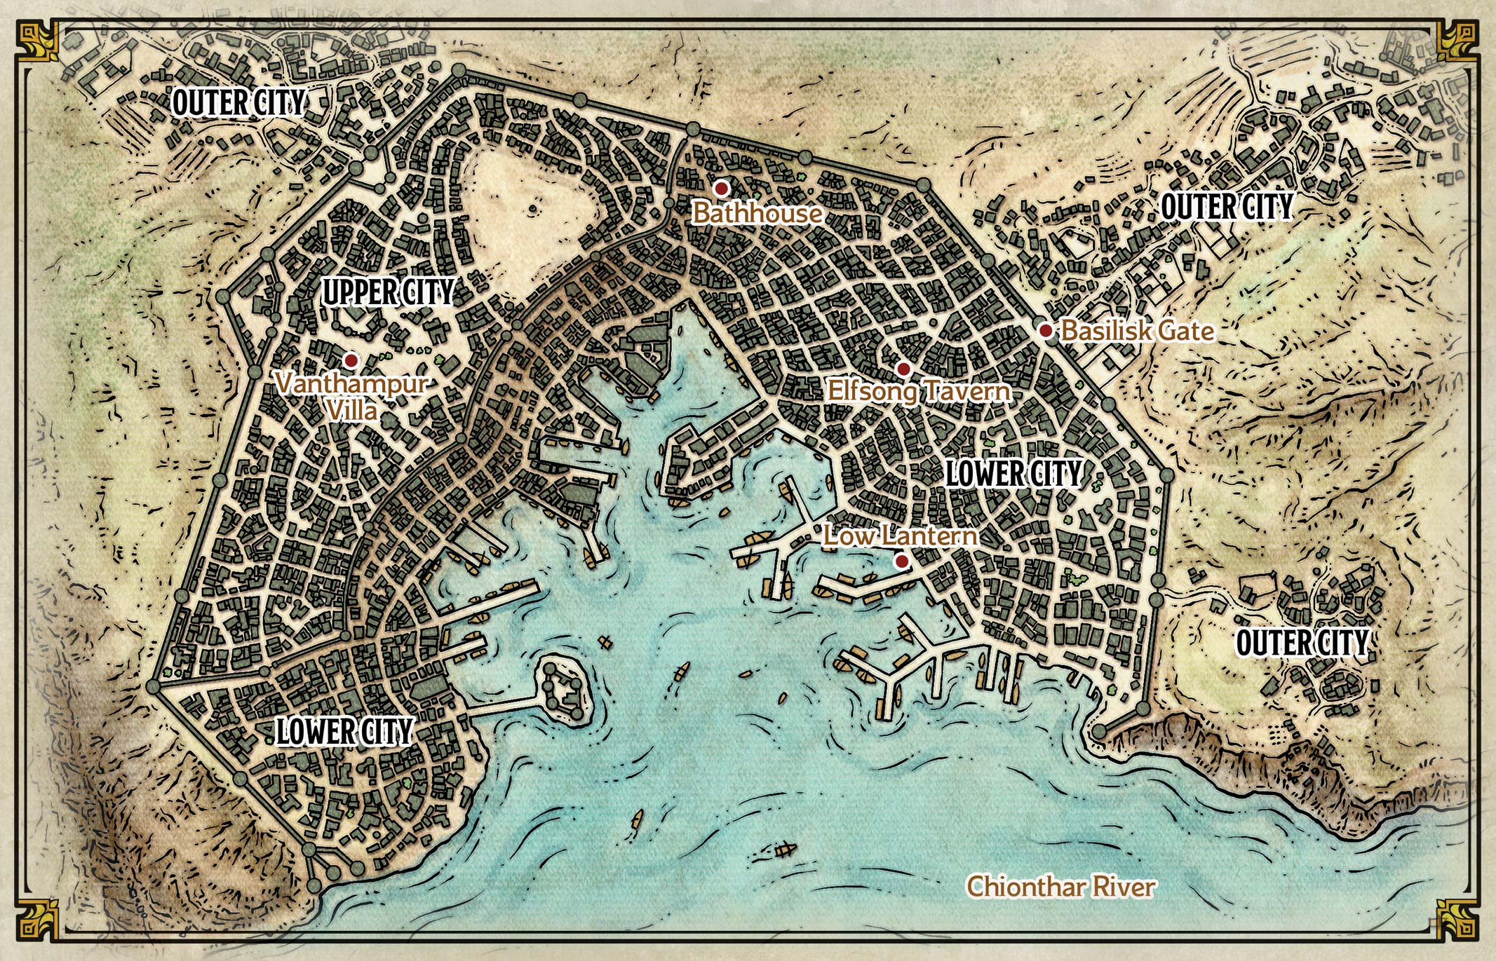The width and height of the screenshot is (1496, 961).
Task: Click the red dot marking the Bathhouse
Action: click(720, 188)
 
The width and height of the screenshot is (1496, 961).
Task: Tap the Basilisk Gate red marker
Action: click(1045, 330)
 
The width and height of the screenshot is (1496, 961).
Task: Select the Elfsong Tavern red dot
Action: click(903, 369)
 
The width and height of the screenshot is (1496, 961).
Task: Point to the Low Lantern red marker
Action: click(902, 561)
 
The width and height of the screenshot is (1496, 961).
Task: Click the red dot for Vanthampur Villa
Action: click(351, 360)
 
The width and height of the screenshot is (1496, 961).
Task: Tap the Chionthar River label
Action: click(1060, 887)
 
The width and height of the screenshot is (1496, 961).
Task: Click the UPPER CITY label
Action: click(388, 292)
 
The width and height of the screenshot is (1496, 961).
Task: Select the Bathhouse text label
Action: click(757, 213)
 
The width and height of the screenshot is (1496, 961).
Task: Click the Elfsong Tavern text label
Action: click(919, 390)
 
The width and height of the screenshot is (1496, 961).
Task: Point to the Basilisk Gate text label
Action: click(1137, 331)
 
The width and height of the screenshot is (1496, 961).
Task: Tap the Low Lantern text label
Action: click(901, 536)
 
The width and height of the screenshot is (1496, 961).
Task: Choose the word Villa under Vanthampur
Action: click(353, 410)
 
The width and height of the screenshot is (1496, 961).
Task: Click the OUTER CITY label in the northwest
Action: click(238, 103)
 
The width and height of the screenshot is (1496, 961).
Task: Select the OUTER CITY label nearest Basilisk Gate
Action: click(1226, 207)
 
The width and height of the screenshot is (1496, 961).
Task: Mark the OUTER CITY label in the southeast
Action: click(1301, 643)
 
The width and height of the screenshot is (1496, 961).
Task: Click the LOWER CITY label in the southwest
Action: click(344, 732)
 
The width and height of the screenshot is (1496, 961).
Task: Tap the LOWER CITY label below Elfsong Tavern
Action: click(1013, 474)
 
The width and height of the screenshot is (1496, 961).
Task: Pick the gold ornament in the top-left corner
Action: click(36, 40)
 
